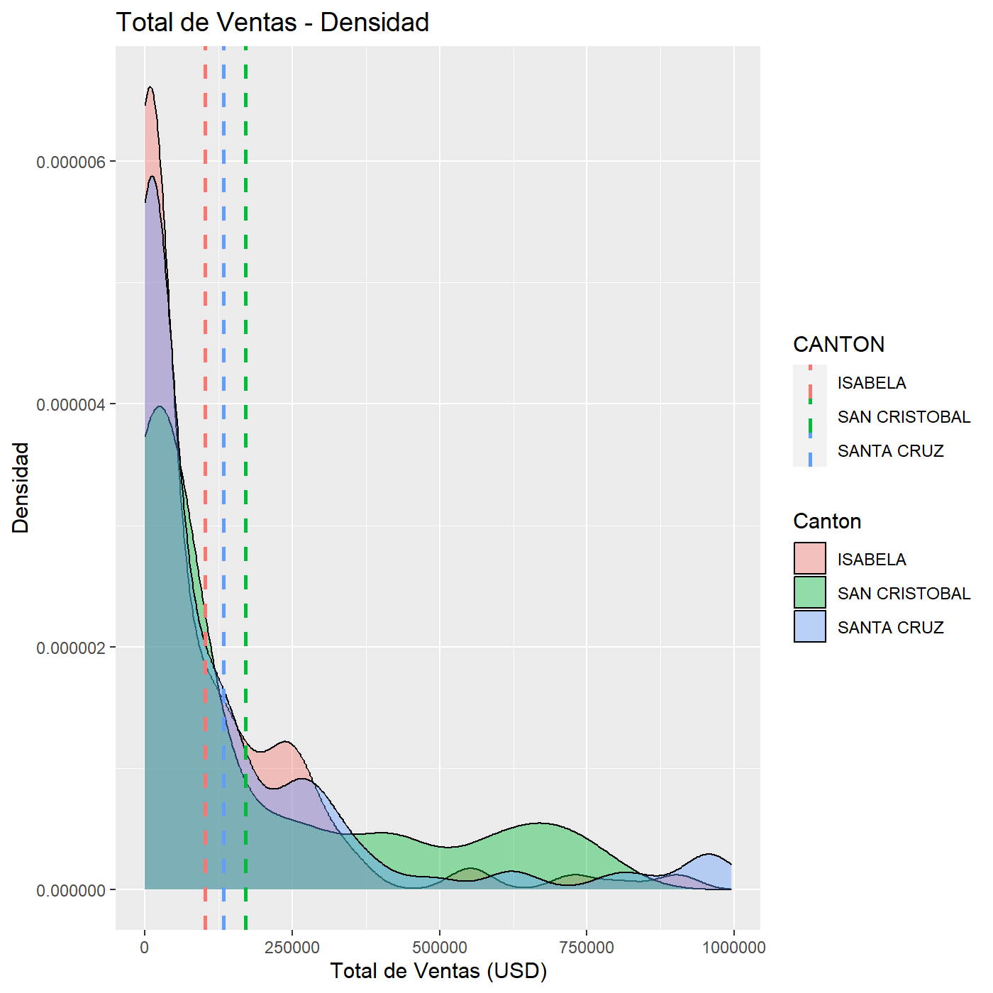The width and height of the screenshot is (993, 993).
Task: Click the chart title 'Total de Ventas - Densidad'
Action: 272,22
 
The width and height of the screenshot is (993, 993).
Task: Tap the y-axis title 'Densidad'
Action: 21,487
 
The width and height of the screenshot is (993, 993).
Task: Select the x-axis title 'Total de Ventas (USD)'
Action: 438,970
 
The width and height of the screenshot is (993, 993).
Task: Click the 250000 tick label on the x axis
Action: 292,947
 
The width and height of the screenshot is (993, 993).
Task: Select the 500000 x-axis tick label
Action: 440,947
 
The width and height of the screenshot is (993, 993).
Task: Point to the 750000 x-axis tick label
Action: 587,947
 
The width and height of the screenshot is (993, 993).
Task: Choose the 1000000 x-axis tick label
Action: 734,947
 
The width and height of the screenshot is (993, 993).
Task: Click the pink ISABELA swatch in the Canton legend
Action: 809,558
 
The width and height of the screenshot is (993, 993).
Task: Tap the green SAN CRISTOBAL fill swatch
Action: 809,592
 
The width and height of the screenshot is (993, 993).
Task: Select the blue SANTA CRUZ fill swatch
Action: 809,626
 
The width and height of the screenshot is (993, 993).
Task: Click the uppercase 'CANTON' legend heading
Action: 838,344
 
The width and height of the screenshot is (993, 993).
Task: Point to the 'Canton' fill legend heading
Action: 827,521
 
